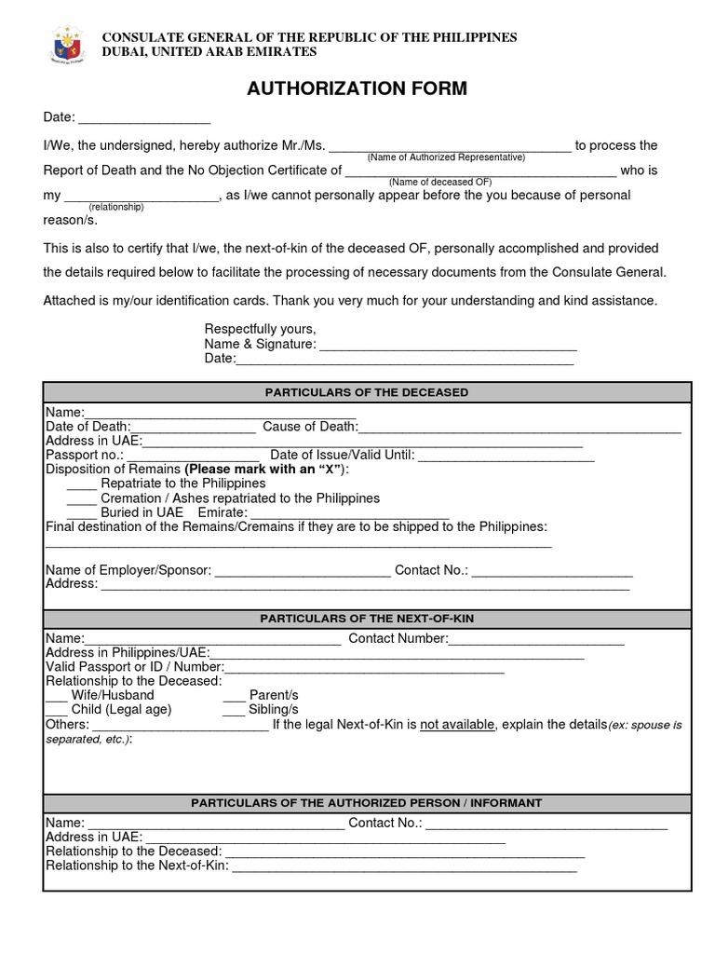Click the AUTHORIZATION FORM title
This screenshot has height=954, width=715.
tap(357, 89)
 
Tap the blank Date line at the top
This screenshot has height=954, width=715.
tap(144, 119)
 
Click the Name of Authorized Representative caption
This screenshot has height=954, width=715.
tap(446, 157)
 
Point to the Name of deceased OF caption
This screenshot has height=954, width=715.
tap(440, 182)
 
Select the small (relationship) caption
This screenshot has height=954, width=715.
tap(116, 207)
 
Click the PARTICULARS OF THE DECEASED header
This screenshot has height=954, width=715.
tap(367, 392)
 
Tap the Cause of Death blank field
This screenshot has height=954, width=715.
tap(519, 428)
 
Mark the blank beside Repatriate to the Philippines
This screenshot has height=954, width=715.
tap(82, 484)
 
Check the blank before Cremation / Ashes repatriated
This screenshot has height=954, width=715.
tap(82, 499)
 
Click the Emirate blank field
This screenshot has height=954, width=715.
tap(350, 513)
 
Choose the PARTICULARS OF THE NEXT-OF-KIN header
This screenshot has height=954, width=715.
tap(367, 619)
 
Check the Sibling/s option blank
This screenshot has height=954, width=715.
tap(234, 711)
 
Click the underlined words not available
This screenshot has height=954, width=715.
tap(457, 725)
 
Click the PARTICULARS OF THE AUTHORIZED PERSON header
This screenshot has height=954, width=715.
tap(367, 803)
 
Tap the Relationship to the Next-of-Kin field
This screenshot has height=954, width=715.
tap(404, 867)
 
